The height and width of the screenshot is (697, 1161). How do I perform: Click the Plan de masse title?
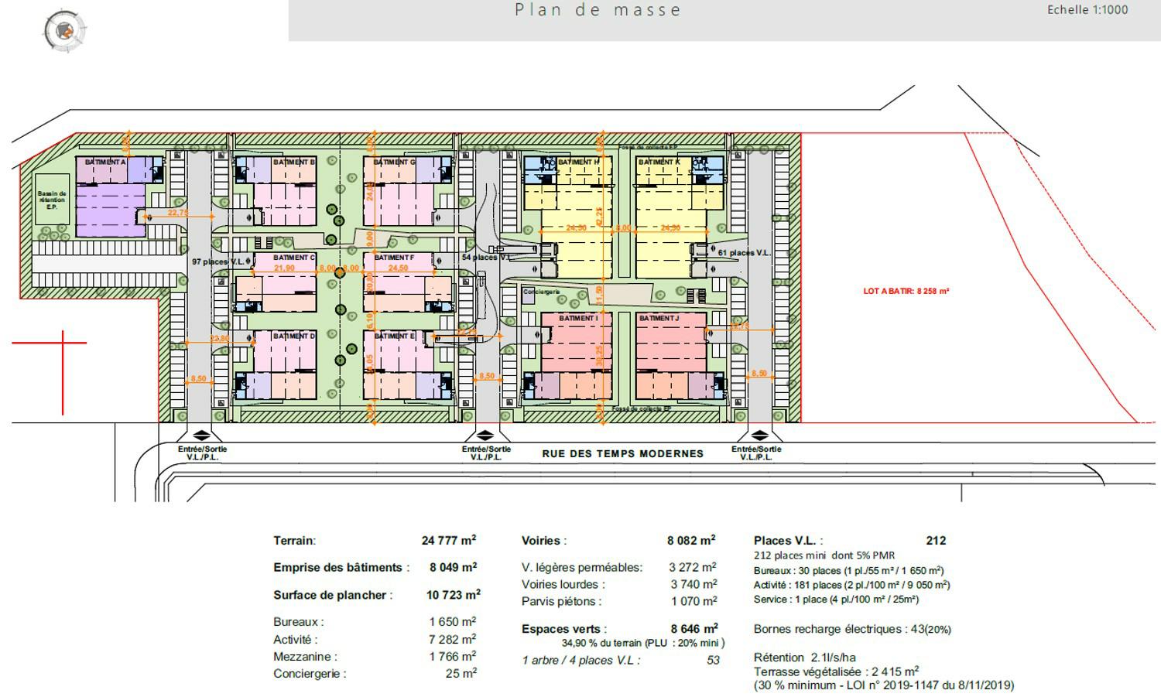coord(598,10)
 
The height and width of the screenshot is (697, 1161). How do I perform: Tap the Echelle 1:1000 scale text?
coord(1087,10)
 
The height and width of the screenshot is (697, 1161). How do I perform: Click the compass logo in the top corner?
coord(63,31)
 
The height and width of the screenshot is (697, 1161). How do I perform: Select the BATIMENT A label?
coord(105,162)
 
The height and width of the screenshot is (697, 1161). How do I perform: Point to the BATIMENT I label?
coord(578,318)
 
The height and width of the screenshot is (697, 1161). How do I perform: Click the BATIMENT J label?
coord(658,318)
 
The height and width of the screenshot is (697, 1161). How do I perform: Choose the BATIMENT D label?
coord(294,337)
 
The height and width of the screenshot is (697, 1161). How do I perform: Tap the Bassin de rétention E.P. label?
coord(52,200)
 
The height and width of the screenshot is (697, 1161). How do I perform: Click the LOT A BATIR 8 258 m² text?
coord(906,292)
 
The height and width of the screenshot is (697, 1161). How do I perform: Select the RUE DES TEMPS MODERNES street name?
coord(622,454)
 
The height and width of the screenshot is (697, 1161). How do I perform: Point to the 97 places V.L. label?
coord(218,262)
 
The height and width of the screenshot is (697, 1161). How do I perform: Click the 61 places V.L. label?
coord(744,253)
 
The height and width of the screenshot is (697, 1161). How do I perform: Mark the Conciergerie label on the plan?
coord(541,292)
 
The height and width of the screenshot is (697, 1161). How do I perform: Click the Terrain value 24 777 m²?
coord(449,541)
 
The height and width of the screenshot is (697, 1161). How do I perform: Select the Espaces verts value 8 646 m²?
coord(694,629)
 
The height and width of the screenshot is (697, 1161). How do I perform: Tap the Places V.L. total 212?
coord(935,541)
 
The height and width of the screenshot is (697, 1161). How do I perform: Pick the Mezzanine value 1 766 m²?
coord(452,657)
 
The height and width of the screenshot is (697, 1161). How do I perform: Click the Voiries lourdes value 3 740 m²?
coord(693,585)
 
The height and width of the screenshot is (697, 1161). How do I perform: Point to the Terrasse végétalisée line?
coord(836,671)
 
